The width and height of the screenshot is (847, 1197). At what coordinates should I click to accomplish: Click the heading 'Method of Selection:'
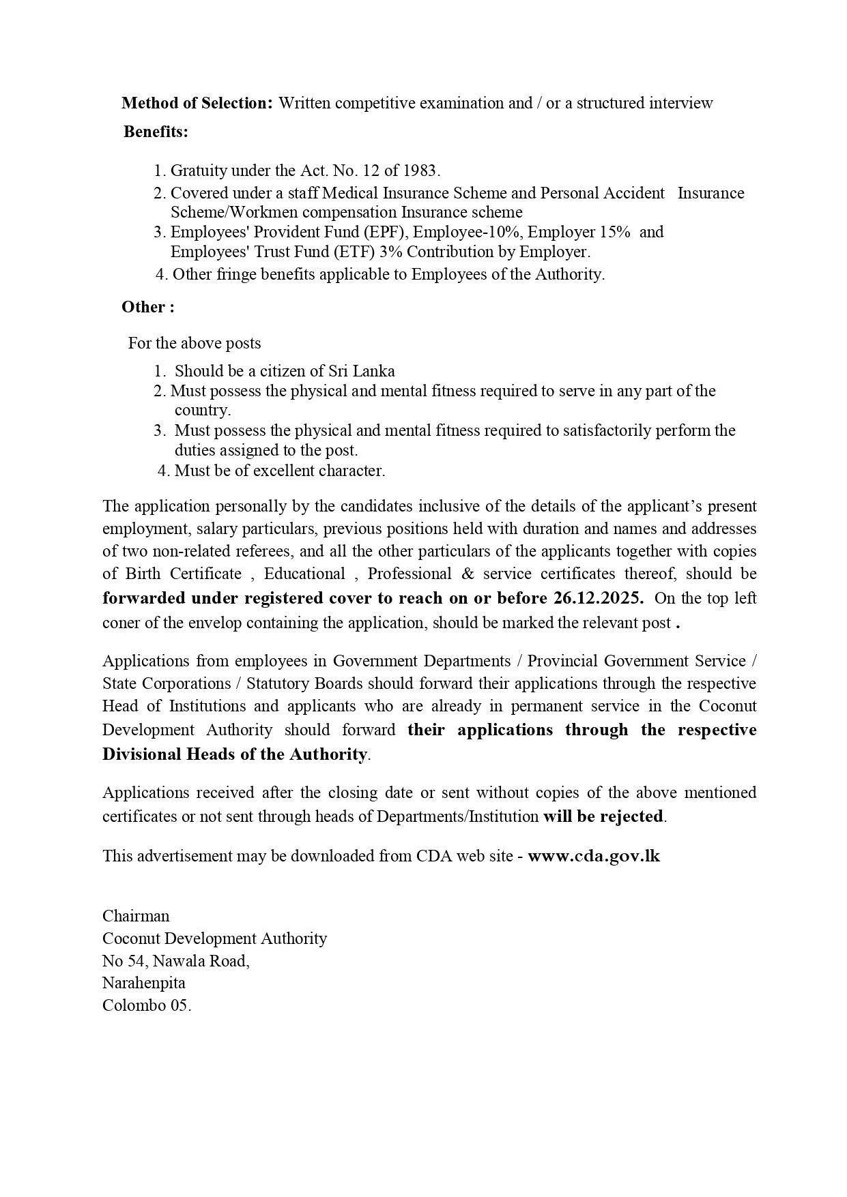197,103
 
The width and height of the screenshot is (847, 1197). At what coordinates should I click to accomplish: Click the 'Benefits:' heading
156,132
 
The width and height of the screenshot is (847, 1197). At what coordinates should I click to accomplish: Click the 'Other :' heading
148,308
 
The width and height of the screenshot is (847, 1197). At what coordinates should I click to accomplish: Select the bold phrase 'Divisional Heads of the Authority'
235,754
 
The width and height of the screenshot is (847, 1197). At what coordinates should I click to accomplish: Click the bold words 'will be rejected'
603,816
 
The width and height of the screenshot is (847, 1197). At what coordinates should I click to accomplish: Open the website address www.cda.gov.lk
594,856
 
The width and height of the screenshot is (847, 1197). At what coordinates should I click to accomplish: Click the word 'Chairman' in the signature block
136,916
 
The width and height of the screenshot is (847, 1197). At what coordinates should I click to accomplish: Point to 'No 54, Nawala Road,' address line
175,961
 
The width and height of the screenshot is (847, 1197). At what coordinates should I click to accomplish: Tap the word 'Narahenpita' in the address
143,983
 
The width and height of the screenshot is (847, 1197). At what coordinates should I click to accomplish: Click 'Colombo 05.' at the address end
147,1005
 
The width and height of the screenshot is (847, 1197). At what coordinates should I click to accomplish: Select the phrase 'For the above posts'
195,343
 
